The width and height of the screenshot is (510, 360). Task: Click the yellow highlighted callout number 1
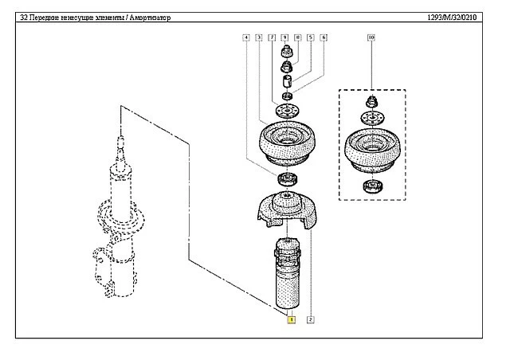click(292, 320)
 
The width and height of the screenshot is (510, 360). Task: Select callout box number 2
click(309, 320)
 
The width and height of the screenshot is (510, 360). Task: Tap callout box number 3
click(260, 37)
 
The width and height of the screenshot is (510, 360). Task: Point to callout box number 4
click(247, 37)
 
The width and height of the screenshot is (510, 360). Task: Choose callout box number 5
click(311, 37)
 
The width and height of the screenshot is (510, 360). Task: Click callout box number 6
click(324, 37)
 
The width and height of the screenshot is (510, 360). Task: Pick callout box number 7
click(273, 37)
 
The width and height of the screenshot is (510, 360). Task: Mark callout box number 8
click(297, 37)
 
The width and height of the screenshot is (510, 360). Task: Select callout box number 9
click(285, 37)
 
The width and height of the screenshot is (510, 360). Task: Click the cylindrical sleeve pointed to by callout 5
click(288, 82)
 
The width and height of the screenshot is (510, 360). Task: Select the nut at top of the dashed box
click(371, 102)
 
